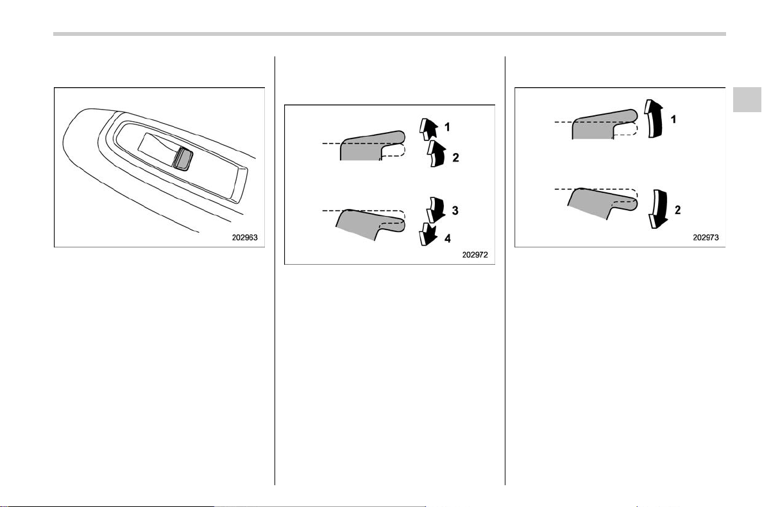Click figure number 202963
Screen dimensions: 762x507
click(245, 237)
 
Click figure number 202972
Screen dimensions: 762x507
click(475, 254)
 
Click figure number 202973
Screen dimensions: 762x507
click(706, 237)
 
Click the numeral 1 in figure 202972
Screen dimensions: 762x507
click(447, 128)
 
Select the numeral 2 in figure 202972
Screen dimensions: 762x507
click(455, 157)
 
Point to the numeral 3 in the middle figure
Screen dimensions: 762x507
click(455, 210)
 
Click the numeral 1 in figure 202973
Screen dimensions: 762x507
click(673, 119)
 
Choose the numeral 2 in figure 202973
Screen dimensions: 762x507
click(677, 210)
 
